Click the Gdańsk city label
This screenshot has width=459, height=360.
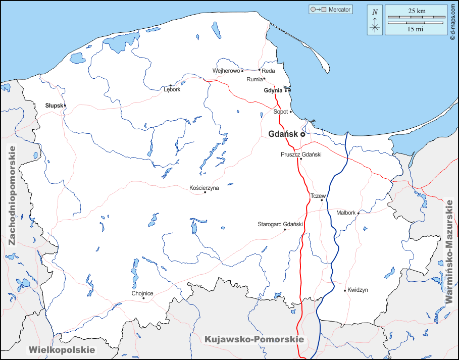click(x=283, y=134)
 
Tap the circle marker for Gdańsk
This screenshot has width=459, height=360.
click(x=302, y=135)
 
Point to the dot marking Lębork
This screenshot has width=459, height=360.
click(x=171, y=85)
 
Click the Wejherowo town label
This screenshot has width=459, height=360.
click(x=226, y=71)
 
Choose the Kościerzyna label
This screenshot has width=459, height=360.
click(x=204, y=188)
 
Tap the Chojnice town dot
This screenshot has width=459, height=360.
click(x=143, y=298)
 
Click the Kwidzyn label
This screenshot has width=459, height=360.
click(x=358, y=290)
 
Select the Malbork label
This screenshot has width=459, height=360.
click(x=346, y=213)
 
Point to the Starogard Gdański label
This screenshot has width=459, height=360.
click(x=280, y=224)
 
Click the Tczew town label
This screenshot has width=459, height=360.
click(x=318, y=195)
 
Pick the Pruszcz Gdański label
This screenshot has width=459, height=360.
click(x=301, y=155)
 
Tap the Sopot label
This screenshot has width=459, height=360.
click(x=280, y=112)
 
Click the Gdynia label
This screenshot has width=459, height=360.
click(x=273, y=91)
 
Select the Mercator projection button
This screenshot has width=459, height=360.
click(x=331, y=10)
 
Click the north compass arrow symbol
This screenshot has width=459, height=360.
click(x=375, y=20)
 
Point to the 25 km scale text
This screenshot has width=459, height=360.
click(x=416, y=11)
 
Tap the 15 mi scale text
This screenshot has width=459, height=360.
click(x=416, y=29)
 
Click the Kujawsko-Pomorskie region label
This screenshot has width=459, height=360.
click(x=254, y=339)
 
